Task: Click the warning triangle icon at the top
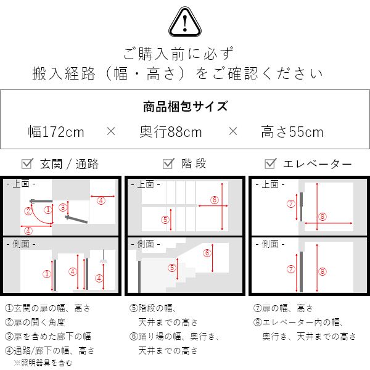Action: (x=185, y=22)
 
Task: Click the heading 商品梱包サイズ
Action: (x=186, y=106)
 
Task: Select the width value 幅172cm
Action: (x=56, y=132)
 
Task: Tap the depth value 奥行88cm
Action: (x=171, y=132)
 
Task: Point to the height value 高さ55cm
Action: (x=292, y=132)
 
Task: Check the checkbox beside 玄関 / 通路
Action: (x=27, y=163)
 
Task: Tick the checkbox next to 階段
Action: (x=168, y=163)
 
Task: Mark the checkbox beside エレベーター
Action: (x=271, y=163)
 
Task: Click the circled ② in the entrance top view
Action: (x=28, y=211)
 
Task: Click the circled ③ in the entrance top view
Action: (x=63, y=207)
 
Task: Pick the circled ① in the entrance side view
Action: (x=47, y=274)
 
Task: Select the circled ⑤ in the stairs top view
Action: (x=165, y=220)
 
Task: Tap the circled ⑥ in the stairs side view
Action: (x=207, y=253)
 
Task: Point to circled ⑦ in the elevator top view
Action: (x=291, y=203)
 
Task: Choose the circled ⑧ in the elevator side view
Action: (x=323, y=271)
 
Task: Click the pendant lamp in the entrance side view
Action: (x=104, y=257)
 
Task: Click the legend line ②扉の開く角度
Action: (x=35, y=323)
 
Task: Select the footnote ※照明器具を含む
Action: (x=43, y=363)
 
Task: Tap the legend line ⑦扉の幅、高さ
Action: (x=283, y=308)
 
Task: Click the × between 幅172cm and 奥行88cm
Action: (x=111, y=131)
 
